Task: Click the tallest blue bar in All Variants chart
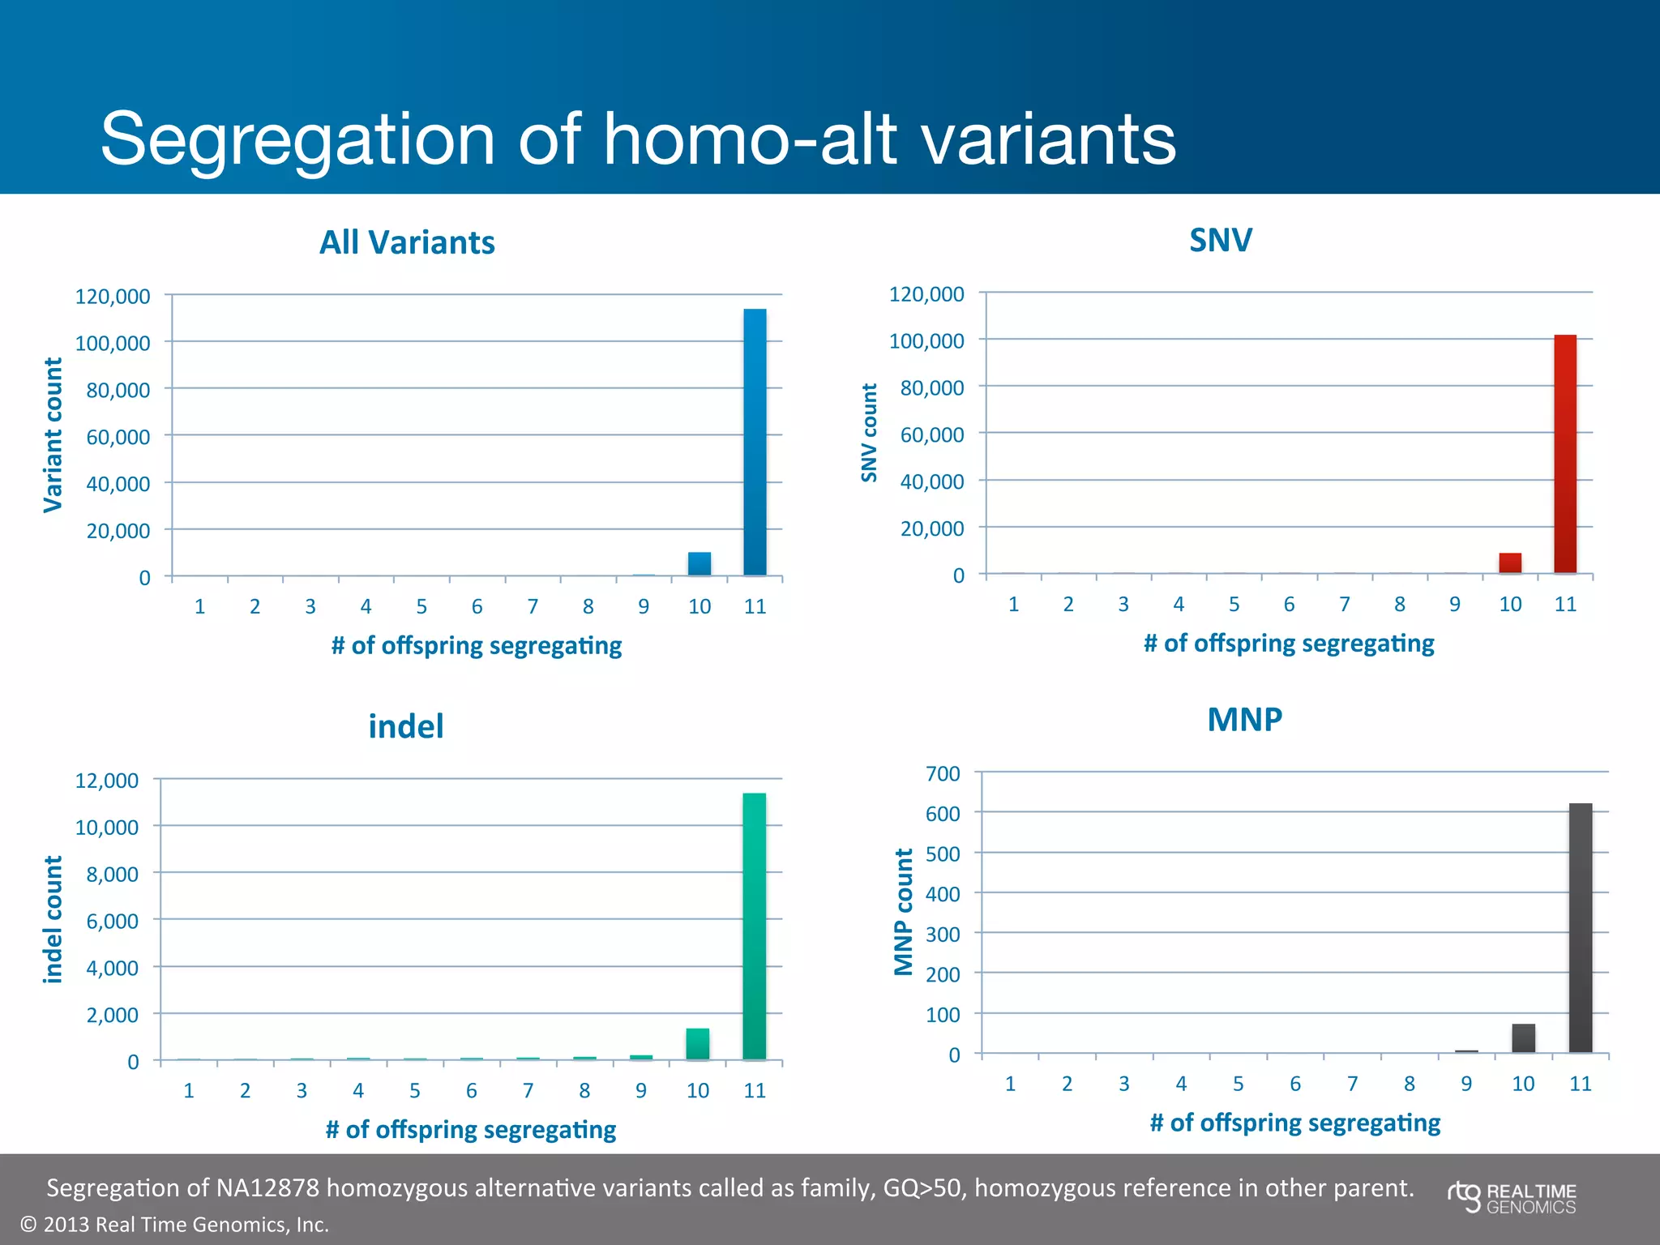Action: coord(755,442)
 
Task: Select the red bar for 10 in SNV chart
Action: coord(1510,563)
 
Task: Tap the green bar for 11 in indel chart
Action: coord(754,926)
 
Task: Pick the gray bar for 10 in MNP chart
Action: coord(1523,1038)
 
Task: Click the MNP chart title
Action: coord(1244,720)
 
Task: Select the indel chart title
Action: coord(406,726)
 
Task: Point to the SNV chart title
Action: coord(1221,240)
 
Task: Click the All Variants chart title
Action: coord(407,242)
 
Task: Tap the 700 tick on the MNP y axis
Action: coord(943,773)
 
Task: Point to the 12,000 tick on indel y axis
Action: coord(107,781)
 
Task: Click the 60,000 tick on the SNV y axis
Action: coord(932,435)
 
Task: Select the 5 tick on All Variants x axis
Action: coord(421,606)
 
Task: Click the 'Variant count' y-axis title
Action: coord(53,435)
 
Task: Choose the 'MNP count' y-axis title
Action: coord(904,912)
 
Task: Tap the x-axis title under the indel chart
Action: coord(470,1129)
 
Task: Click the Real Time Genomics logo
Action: coord(1512,1198)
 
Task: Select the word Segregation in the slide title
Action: coord(297,139)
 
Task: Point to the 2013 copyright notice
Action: coord(174,1224)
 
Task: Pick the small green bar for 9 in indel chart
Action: coord(641,1056)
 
